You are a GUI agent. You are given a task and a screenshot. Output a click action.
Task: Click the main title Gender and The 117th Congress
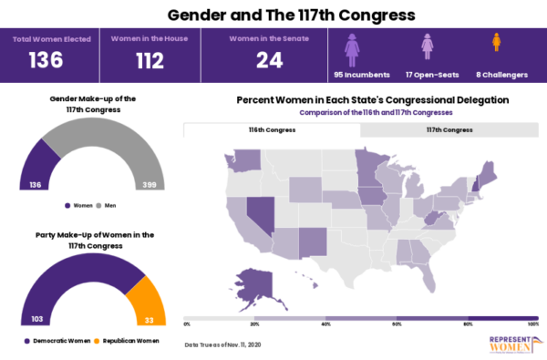[273, 15]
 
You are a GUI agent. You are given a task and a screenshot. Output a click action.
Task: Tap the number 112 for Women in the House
[139, 60]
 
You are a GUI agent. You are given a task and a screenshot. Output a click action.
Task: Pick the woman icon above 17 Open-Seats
[426, 46]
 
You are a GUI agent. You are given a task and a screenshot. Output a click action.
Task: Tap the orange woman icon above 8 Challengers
[497, 43]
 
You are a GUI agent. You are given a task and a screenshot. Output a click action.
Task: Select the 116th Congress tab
[272, 130]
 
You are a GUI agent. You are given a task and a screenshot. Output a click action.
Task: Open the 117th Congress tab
[449, 130]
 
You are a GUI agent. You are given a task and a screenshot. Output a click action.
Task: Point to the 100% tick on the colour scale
[533, 324]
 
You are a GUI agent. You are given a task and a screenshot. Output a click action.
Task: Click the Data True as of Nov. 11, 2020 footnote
[224, 345]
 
